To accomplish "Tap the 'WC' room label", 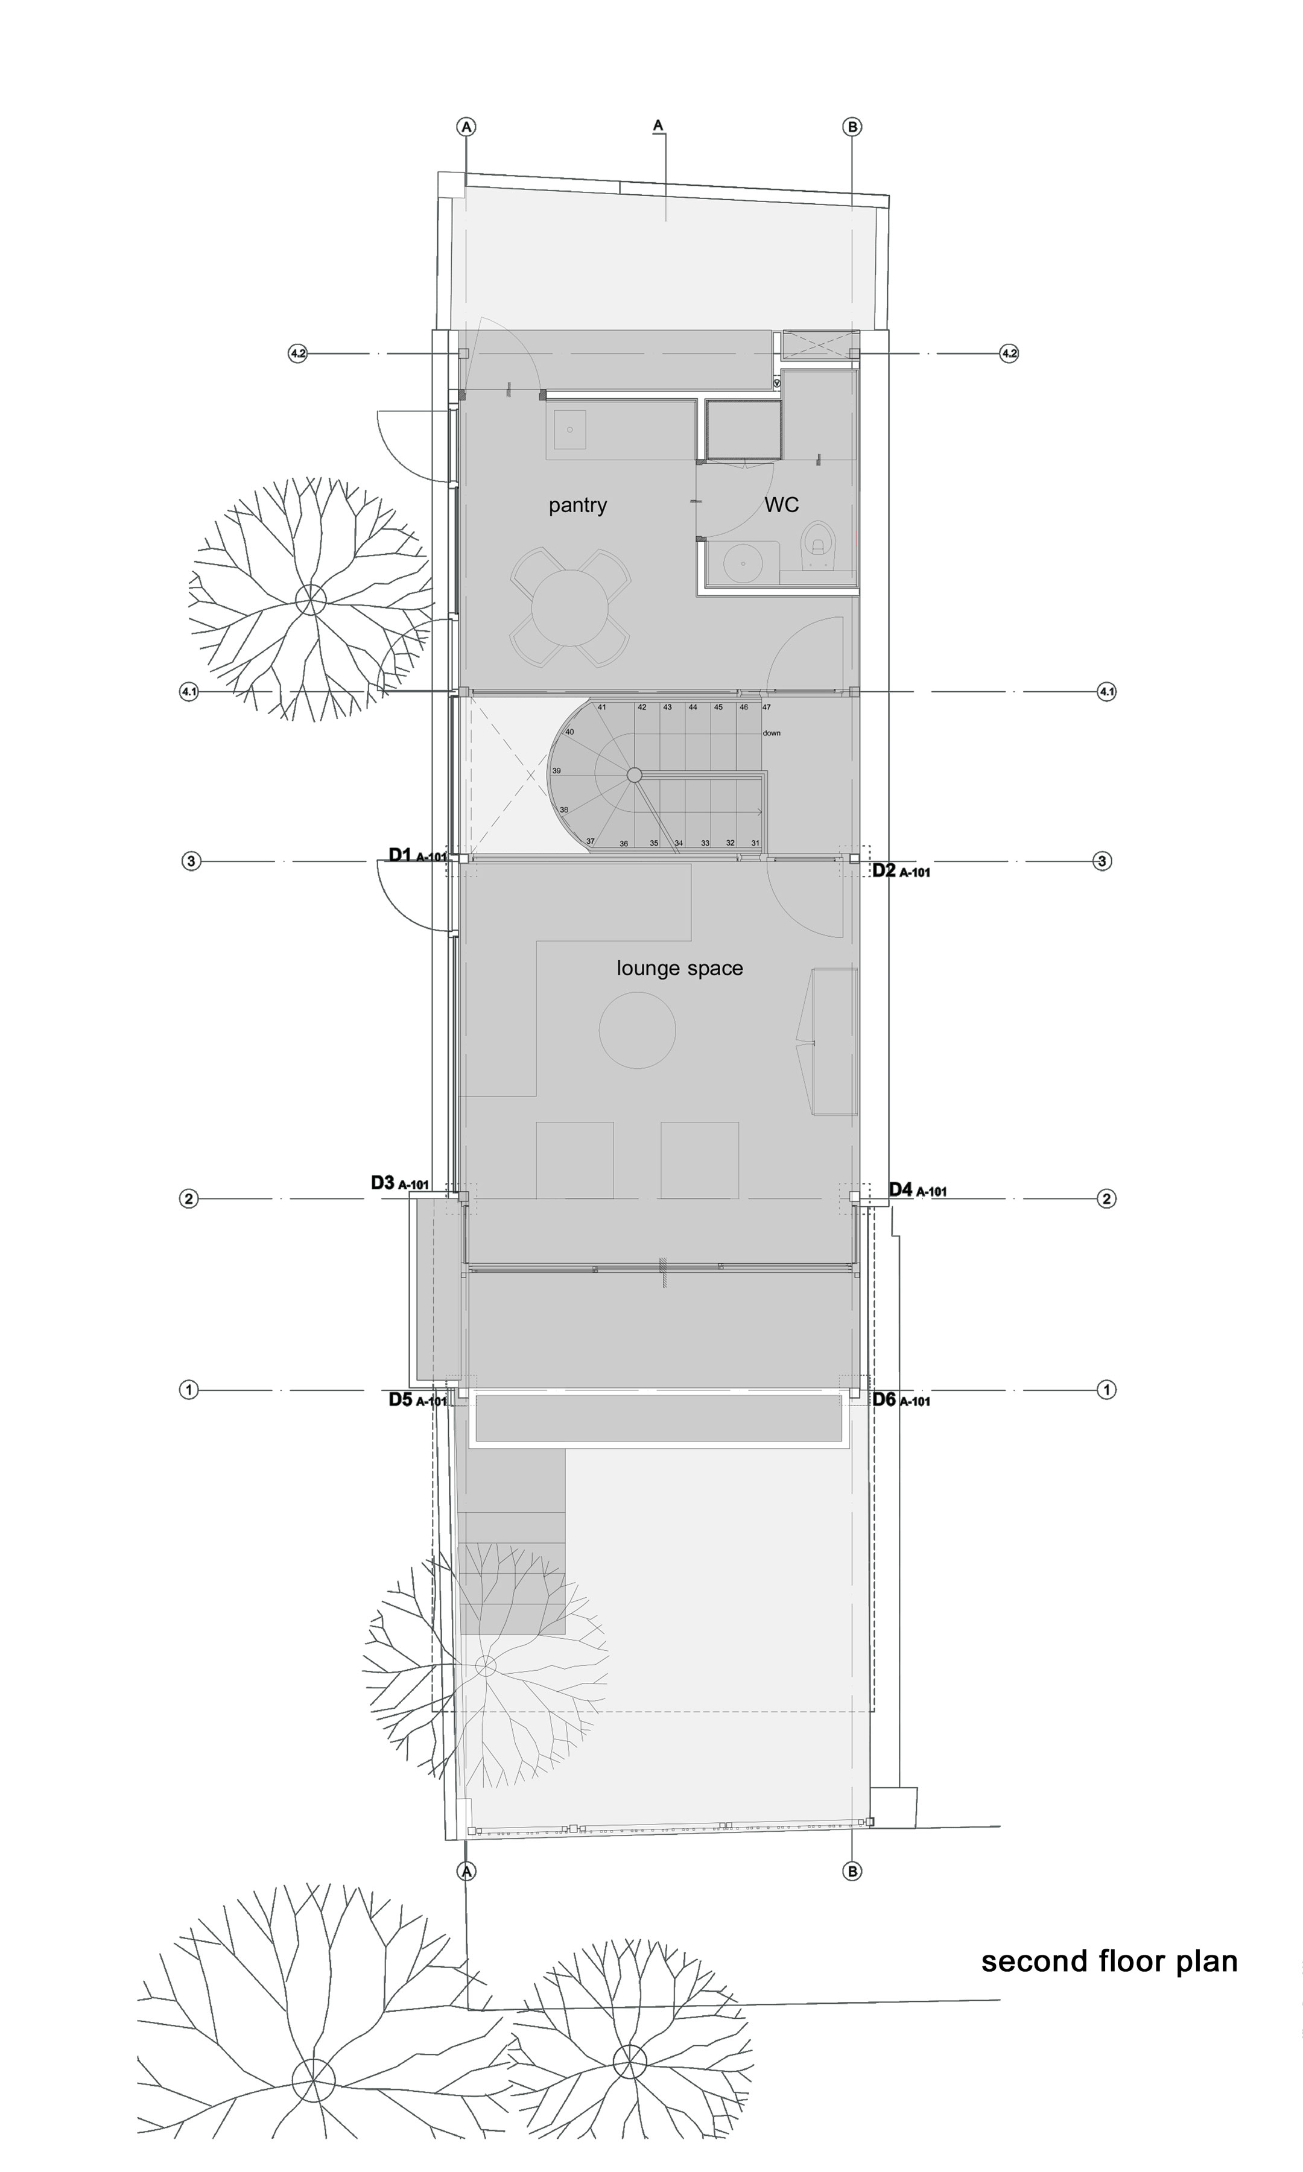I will point(781,505).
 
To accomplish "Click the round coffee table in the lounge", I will point(638,1030).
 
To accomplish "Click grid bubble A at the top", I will point(466,127).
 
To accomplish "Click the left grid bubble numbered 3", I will point(191,861).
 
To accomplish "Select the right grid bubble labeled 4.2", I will point(1009,354).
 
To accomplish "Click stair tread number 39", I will point(556,771).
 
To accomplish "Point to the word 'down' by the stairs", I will point(771,733).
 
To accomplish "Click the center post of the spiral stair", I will point(634,774).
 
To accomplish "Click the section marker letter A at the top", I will point(658,125).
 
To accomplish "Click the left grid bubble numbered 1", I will point(188,1390).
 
